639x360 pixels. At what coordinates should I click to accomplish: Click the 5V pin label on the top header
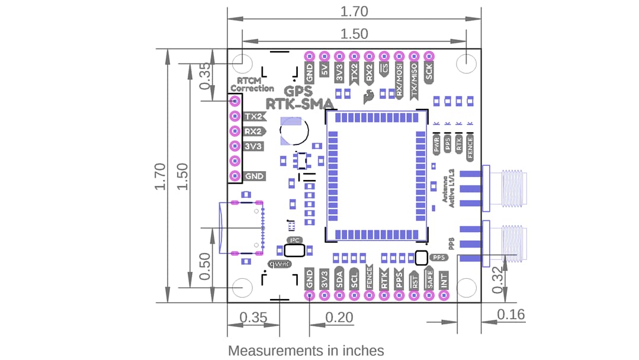pos(324,70)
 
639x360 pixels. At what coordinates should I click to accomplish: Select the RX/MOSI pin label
pos(399,82)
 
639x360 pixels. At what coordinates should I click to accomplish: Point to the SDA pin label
pos(339,278)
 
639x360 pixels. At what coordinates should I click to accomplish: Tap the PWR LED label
pos(437,146)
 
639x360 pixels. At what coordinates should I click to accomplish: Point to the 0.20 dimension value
pos(339,317)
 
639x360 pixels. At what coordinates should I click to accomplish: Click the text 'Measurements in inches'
pos(306,351)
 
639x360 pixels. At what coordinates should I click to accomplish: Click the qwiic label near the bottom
pos(279,264)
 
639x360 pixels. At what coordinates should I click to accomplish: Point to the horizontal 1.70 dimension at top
pos(354,11)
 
